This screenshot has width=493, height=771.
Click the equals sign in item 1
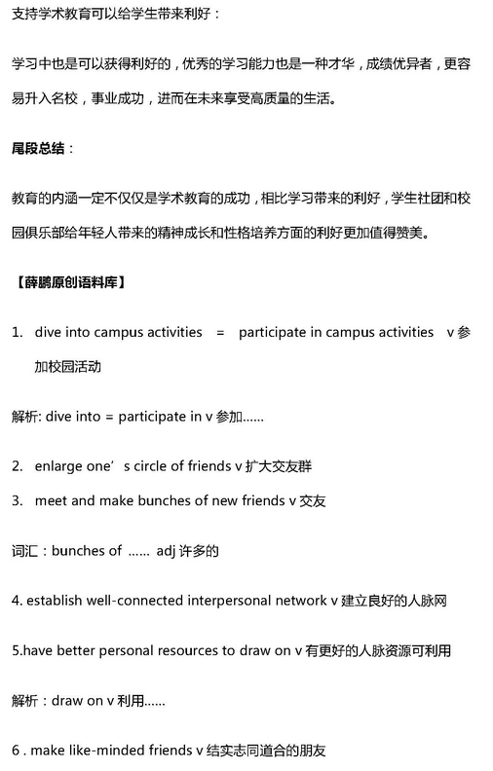219,332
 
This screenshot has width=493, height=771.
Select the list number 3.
18,500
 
